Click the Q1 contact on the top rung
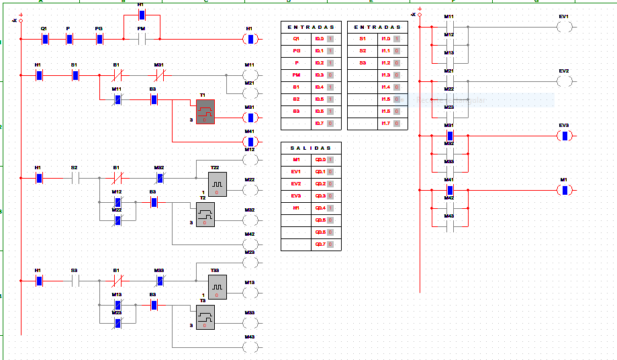(45, 39)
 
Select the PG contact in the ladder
(99, 39)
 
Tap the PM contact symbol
(142, 39)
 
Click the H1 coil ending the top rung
(250, 39)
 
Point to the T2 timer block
(205, 214)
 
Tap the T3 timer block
(205, 318)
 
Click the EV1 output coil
(565, 27)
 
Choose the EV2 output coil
(565, 81)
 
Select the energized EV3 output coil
(565, 136)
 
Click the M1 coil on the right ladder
(565, 190)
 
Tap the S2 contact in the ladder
(75, 178)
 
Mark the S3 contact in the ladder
(75, 281)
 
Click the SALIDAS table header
(311, 148)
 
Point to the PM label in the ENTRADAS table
(296, 75)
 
